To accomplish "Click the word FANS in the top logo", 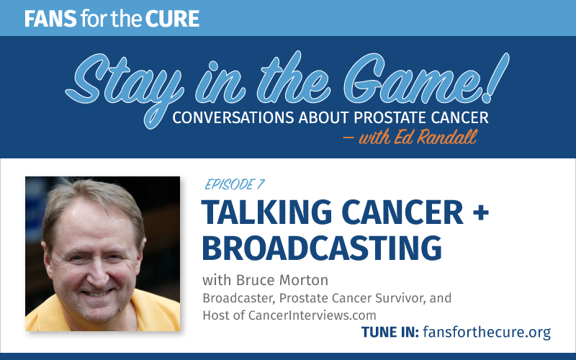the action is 50,19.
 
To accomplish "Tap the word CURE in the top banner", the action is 172,19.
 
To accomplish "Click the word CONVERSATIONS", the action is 233,117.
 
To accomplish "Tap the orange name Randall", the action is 447,137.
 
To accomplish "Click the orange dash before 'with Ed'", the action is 348,138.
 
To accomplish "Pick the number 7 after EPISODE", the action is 260,184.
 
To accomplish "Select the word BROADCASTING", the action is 322,248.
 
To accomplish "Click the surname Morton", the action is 303,280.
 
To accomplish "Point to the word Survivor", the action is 400,298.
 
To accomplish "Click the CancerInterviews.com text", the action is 312,315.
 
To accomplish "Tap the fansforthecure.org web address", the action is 487,332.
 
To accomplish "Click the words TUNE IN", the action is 390,332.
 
